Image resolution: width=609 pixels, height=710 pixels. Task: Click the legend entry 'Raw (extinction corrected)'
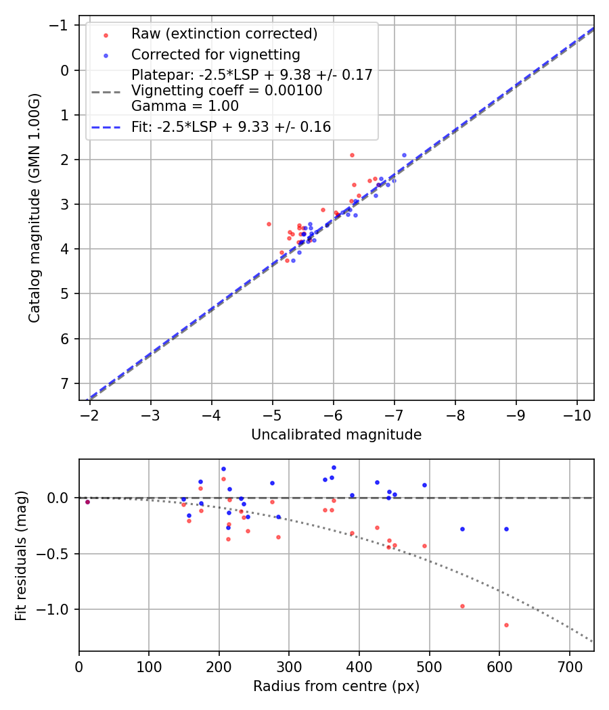[224, 34]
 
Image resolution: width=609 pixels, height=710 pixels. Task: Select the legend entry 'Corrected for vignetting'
[215, 54]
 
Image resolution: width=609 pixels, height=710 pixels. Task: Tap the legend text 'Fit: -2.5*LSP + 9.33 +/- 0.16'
[231, 126]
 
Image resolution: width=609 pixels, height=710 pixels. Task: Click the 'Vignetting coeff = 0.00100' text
[227, 90]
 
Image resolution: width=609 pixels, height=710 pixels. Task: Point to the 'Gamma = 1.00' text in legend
[185, 105]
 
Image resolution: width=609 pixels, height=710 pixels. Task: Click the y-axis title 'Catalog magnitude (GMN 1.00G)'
[35, 208]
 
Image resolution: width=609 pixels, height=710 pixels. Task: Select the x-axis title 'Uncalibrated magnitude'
[336, 435]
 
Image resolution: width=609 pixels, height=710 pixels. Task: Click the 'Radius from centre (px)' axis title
[336, 686]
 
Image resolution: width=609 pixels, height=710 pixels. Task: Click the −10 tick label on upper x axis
[577, 413]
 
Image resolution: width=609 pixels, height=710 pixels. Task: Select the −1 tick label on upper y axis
[62, 26]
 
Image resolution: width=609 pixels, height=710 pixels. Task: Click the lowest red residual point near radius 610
[506, 625]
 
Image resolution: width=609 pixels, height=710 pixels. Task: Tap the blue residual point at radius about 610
[506, 529]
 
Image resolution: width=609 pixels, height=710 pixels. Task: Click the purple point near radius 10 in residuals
[87, 502]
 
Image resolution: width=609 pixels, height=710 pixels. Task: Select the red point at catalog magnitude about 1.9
[352, 155]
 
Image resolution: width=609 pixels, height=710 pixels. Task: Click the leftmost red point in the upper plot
[269, 224]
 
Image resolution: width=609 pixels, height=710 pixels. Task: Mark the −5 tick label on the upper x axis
[272, 413]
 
